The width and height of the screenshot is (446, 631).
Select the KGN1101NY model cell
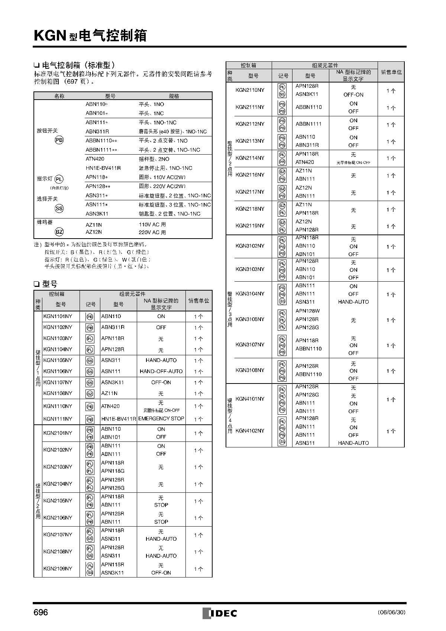point(58,316)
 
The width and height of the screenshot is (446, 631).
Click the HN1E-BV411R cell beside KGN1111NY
point(119,419)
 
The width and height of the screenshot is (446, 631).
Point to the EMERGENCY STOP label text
point(161,418)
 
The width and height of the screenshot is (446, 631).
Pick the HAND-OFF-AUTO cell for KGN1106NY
point(161,371)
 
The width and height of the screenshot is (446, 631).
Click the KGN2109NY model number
point(58,569)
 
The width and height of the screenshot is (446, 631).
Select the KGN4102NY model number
point(250,431)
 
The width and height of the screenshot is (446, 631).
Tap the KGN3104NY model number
point(250,294)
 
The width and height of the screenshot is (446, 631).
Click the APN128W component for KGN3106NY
point(307,311)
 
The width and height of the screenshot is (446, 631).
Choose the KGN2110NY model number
point(250,90)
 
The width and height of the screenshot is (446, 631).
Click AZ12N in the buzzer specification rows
point(94,232)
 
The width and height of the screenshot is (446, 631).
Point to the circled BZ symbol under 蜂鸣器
point(59,232)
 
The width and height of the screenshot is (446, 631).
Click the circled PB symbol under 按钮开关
point(59,140)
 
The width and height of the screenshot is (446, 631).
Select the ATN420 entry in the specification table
point(95,159)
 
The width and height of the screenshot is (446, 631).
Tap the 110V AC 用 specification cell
point(152,224)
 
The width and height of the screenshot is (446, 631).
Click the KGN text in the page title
point(50,36)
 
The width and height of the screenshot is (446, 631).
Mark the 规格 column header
point(174,96)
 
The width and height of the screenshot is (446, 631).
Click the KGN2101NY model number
point(58,433)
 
